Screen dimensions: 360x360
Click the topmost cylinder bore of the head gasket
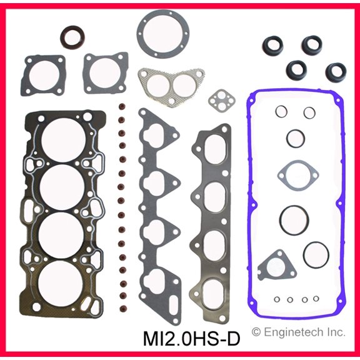point(61,137)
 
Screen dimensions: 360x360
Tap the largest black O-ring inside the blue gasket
point(292,219)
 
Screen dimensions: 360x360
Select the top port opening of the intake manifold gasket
point(155,134)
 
